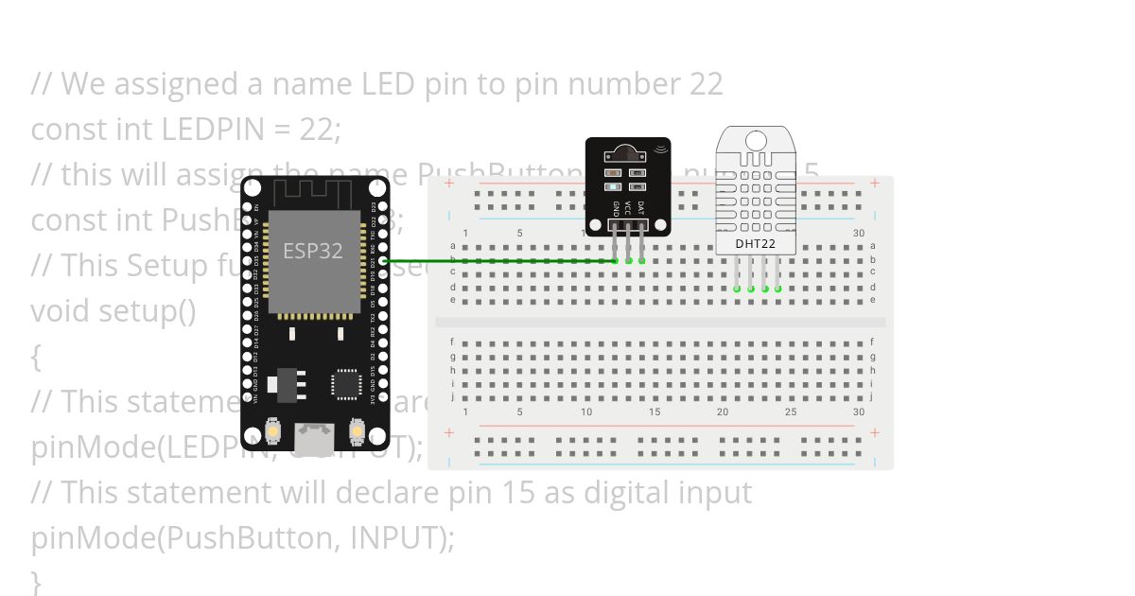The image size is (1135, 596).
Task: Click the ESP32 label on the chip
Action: pyautogui.click(x=312, y=252)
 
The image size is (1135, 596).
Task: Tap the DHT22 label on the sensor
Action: pyautogui.click(x=756, y=244)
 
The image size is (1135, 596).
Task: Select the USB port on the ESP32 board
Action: pyautogui.click(x=314, y=437)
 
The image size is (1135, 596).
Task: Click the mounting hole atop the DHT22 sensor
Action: pyautogui.click(x=756, y=142)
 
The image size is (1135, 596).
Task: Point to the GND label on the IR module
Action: pyautogui.click(x=616, y=206)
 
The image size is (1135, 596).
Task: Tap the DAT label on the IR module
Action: pyautogui.click(x=641, y=206)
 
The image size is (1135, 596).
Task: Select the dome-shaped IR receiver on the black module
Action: pyautogui.click(x=628, y=152)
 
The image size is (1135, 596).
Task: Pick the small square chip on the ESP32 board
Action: pyautogui.click(x=346, y=384)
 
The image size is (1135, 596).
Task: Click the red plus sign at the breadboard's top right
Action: pyautogui.click(x=875, y=184)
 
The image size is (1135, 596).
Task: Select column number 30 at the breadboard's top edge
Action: pyautogui.click(x=858, y=233)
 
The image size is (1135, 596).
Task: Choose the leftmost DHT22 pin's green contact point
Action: pyautogui.click(x=737, y=289)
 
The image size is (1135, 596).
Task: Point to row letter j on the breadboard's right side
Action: pyautogui.click(x=872, y=396)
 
